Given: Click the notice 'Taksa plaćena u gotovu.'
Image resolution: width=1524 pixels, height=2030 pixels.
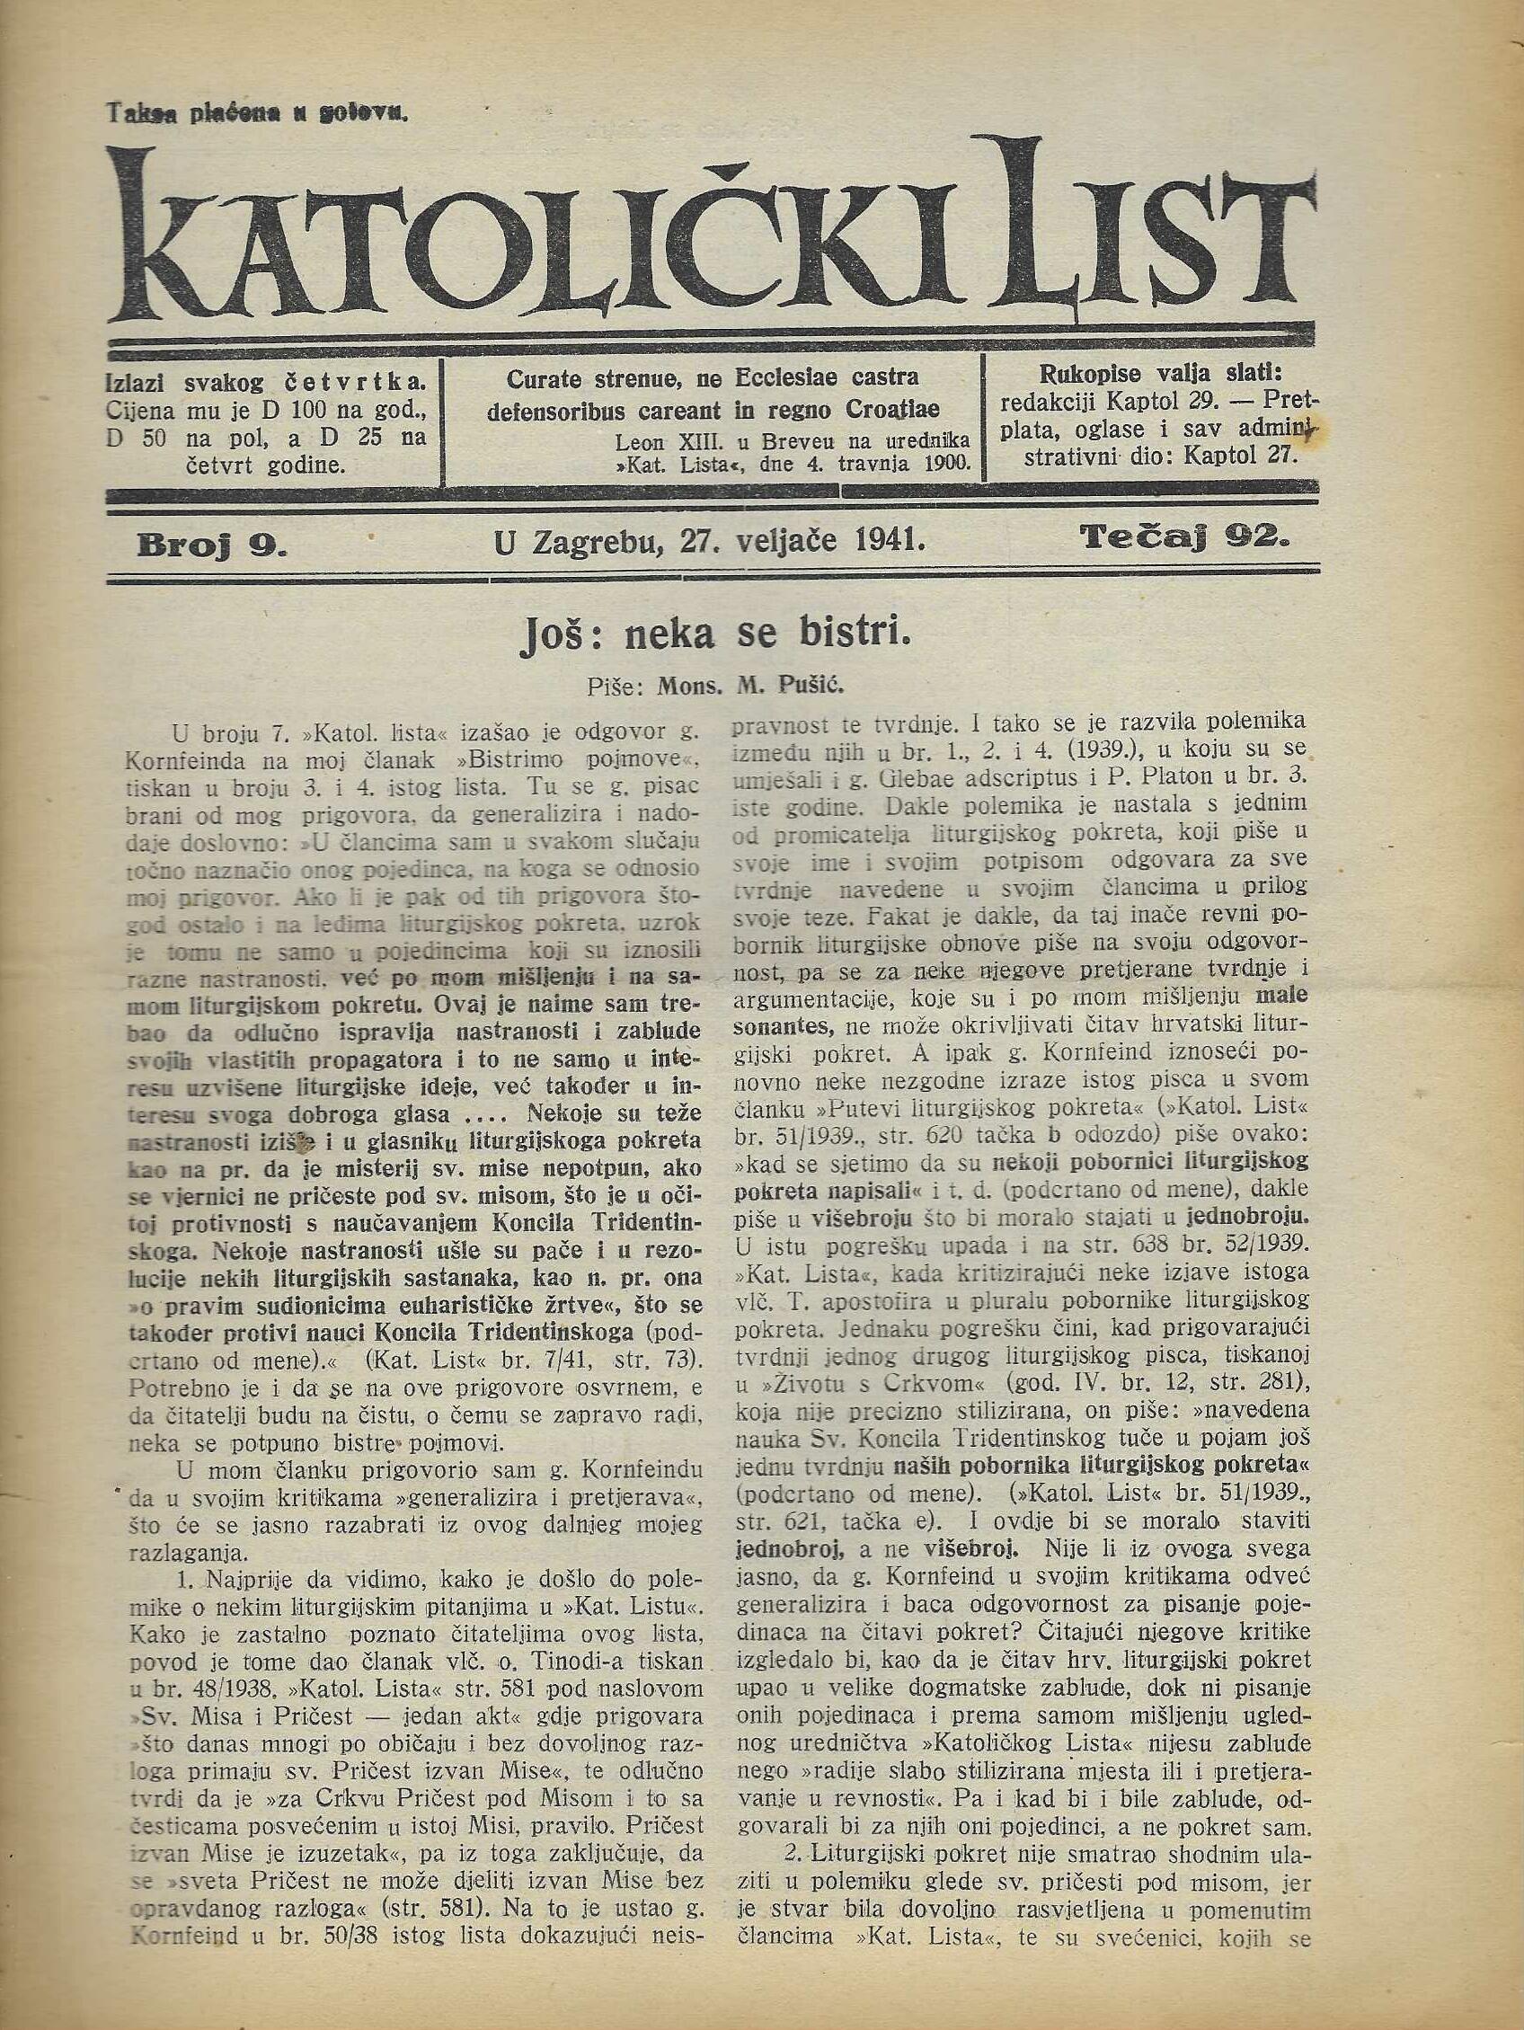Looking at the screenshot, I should pos(258,113).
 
